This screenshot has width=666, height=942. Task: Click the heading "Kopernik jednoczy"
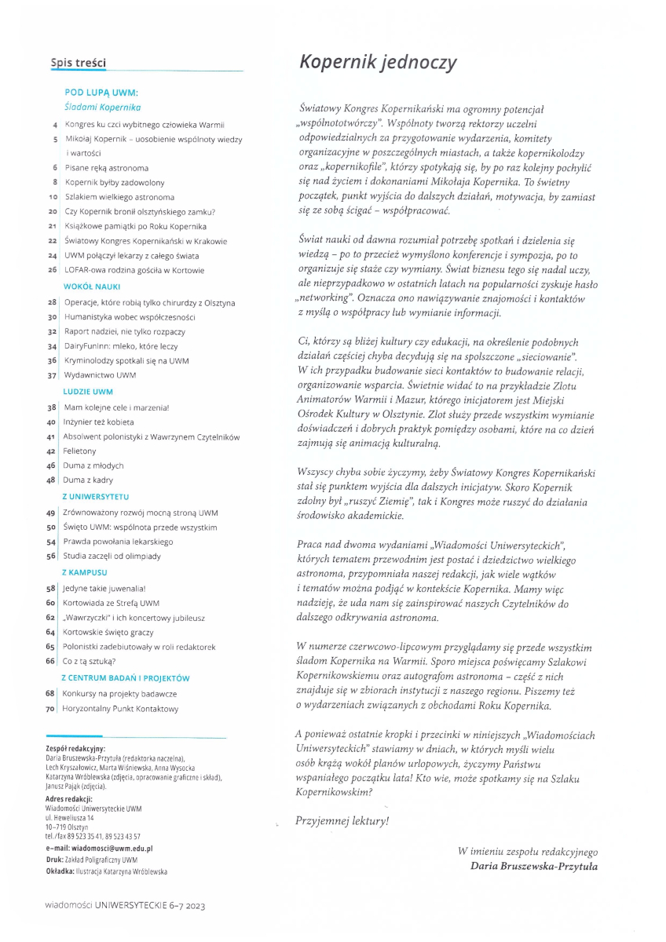point(378,63)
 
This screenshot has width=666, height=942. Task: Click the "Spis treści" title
point(78,63)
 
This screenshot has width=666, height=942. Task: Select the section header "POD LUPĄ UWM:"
point(101,93)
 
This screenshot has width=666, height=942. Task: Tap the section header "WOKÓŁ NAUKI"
point(91,287)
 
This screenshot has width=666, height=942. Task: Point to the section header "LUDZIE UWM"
point(88,391)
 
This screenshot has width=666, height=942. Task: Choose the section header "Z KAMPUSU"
point(85,572)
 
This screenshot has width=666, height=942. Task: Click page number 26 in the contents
point(52,270)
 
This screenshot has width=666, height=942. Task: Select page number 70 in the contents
point(50,708)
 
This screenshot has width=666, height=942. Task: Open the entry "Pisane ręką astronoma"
point(106,168)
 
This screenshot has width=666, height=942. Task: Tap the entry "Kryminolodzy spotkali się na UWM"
point(126,360)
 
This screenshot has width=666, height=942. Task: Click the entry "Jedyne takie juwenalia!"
point(105,588)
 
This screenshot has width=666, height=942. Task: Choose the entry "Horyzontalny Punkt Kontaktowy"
point(121,708)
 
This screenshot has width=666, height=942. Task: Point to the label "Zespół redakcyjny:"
point(75,749)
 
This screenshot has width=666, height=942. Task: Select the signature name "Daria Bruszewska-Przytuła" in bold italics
point(533,867)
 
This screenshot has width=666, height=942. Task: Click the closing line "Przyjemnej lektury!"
point(342,822)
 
